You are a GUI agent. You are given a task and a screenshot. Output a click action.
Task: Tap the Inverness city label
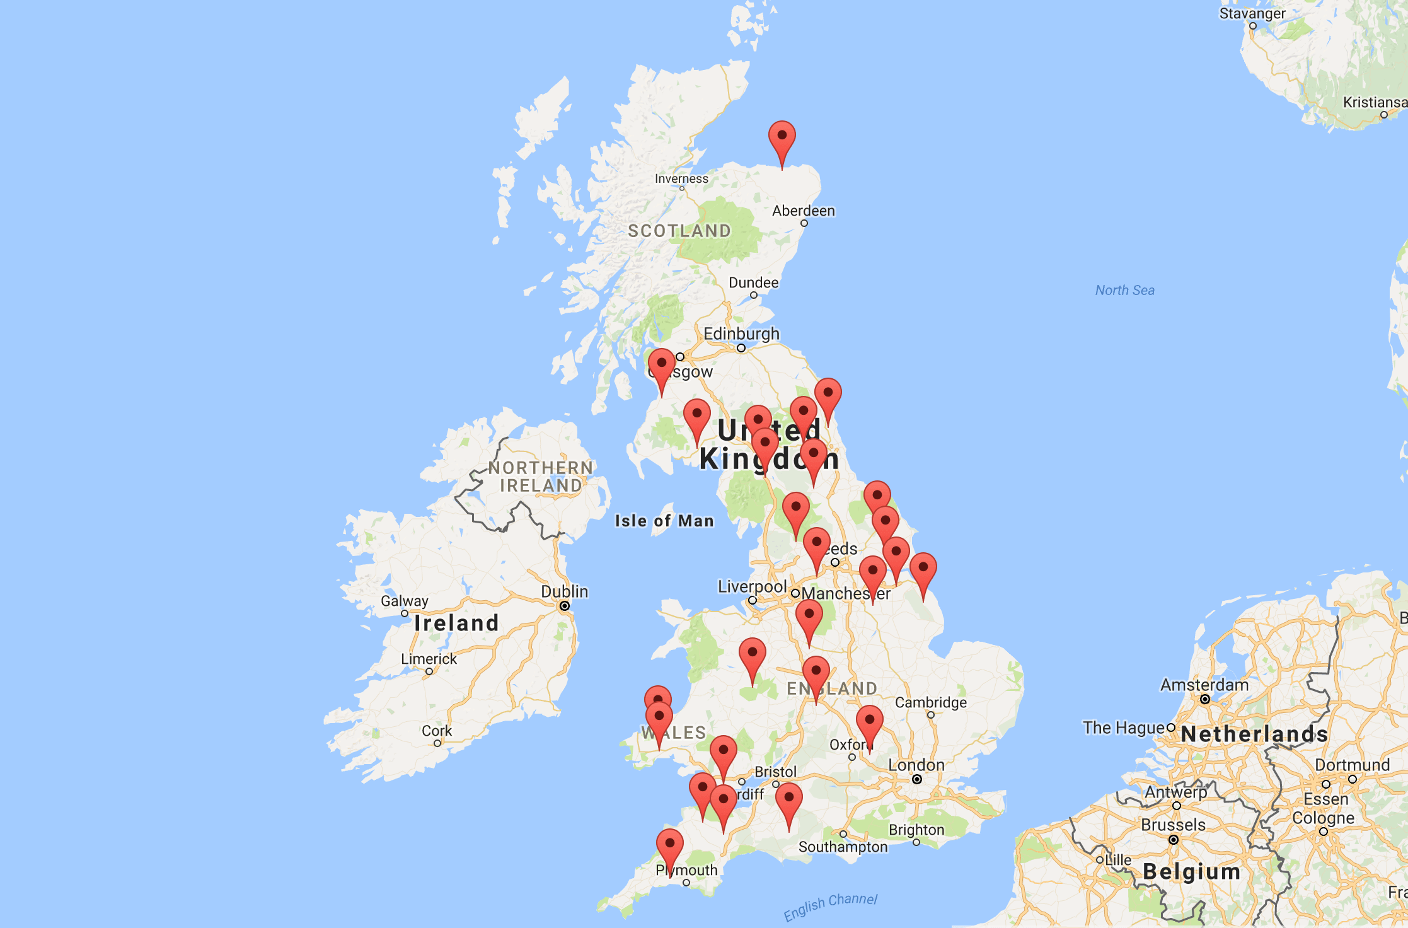(x=681, y=179)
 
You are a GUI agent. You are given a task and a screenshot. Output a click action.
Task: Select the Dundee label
(x=753, y=282)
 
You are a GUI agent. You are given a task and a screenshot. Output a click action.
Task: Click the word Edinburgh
(x=741, y=333)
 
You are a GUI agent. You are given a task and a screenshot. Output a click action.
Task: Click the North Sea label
(x=1124, y=290)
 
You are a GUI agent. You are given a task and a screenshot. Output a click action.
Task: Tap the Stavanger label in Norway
(x=1252, y=13)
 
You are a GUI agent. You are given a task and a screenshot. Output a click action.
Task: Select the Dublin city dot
(x=565, y=606)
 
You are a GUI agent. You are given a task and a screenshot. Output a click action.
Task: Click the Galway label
(x=404, y=601)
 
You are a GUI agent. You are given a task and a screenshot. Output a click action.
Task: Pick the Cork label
(x=437, y=731)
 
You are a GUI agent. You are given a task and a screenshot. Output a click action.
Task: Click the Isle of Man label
(x=664, y=521)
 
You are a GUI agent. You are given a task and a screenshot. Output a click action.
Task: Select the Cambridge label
(x=930, y=702)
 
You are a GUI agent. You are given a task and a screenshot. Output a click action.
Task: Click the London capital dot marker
(x=917, y=779)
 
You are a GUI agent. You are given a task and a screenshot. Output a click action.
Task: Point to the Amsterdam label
(x=1204, y=685)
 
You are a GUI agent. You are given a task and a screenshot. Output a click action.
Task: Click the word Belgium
(x=1191, y=871)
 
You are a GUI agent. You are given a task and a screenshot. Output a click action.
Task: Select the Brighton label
(x=916, y=830)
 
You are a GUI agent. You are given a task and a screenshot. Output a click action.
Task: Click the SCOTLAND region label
(x=679, y=231)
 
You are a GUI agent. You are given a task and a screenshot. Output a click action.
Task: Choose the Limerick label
(x=429, y=659)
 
